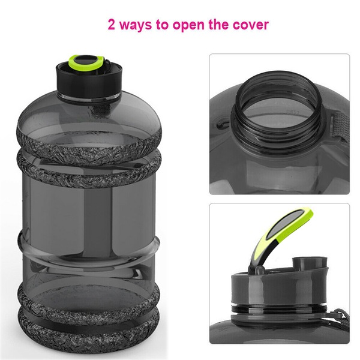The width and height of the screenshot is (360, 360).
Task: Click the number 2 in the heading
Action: (x=112, y=24)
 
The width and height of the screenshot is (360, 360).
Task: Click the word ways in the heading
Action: (x=136, y=25)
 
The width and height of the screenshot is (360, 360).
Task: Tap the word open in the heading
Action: (x=188, y=26)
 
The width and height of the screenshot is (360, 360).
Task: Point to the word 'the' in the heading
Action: (x=218, y=24)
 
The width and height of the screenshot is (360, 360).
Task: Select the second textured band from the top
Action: (x=88, y=170)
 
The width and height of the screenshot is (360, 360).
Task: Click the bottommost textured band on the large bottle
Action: (x=88, y=331)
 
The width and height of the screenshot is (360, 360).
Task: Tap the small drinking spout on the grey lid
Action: (x=310, y=264)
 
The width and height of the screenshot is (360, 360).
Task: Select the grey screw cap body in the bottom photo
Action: (x=280, y=287)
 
